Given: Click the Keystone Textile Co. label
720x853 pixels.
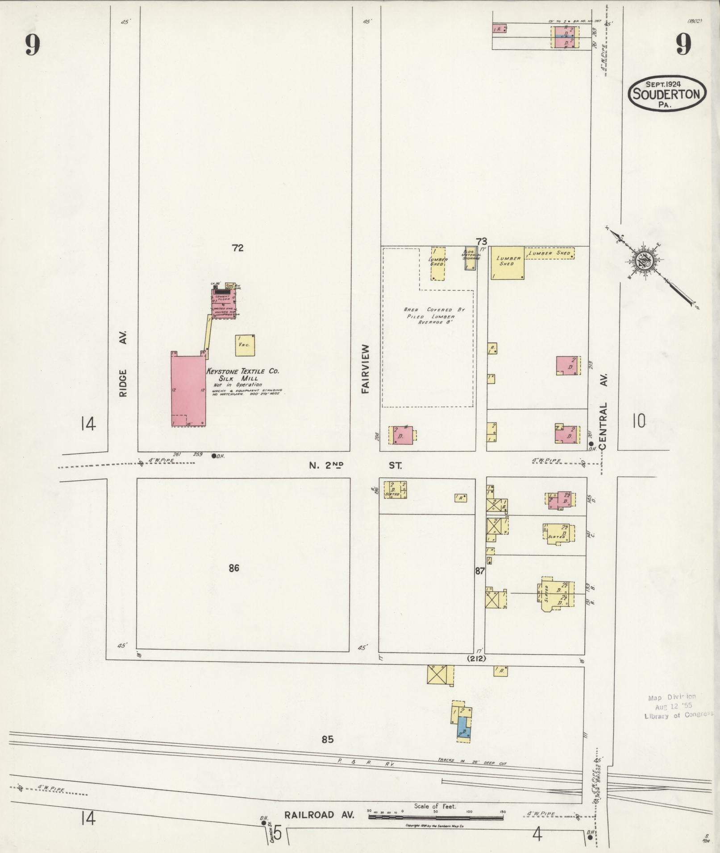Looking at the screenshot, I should point(242,371).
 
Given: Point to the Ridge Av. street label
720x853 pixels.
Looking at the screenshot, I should point(124,363).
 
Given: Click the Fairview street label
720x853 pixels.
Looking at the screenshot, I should point(366,368).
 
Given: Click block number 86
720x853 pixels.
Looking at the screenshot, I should point(234,568).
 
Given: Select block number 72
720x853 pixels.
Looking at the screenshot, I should point(237,248).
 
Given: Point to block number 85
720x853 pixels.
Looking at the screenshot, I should point(327,739).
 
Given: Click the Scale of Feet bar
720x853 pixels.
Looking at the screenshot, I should point(436,818).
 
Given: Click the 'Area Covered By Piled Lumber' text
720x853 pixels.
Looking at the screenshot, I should point(428,316).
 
